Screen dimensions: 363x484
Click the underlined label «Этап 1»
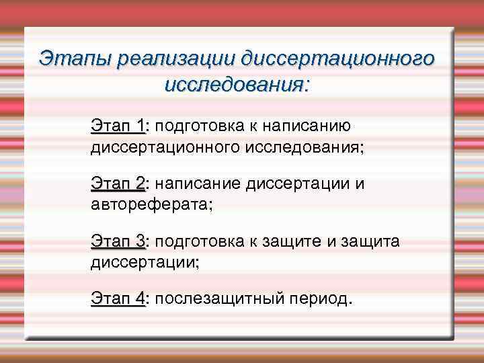(x=118, y=126)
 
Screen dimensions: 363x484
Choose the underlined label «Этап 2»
(x=118, y=184)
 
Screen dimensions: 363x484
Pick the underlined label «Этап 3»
(x=118, y=241)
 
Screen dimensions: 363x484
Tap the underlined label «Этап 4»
(x=118, y=298)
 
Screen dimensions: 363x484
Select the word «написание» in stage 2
(x=200, y=184)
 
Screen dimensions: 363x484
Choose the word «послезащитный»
(x=215, y=298)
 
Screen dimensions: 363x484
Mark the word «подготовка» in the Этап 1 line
(x=198, y=126)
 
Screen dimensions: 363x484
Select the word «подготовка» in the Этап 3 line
(x=198, y=241)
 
